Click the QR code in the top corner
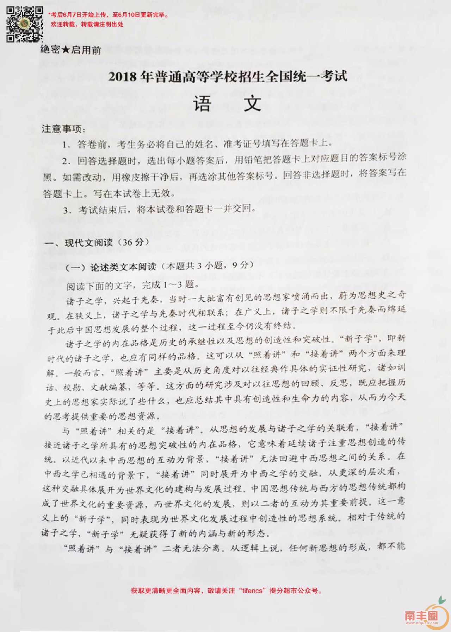[25, 24]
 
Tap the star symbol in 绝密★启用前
[66, 50]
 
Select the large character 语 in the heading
[203, 103]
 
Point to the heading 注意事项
[63, 129]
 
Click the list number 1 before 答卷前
[66, 144]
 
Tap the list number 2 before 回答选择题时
[66, 161]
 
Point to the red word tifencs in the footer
[252, 590]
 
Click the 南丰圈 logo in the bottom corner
[426, 614]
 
